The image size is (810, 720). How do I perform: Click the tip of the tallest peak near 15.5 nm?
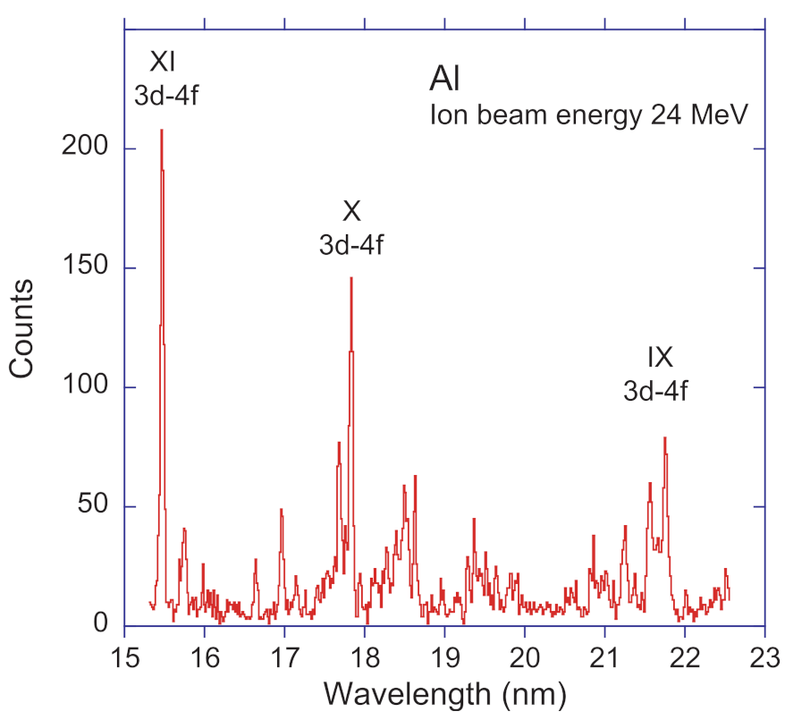pos(161,131)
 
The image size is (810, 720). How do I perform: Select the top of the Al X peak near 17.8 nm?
pos(351,278)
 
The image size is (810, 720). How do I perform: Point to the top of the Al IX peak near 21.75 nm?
pos(664,437)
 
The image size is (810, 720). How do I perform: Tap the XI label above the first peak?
pos(164,63)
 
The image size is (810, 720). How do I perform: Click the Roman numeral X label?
pos(351,212)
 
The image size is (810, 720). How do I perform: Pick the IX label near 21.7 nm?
pos(659,358)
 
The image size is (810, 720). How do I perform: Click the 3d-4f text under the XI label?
pos(165,95)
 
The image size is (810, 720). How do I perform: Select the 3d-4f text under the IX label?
pos(655,391)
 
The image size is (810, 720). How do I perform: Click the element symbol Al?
pos(444,81)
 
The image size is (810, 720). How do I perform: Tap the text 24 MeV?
pos(705,115)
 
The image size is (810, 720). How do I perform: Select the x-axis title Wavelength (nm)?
pos(444,693)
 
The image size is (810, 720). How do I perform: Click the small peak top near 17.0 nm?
pos(281,509)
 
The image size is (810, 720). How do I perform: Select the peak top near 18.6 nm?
pos(415,477)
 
